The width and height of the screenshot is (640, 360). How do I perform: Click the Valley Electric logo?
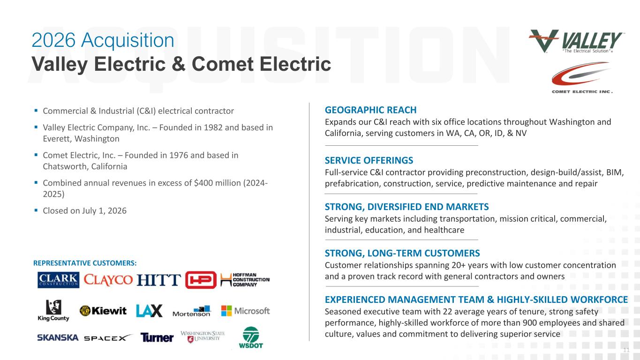pyautogui.click(x=576, y=41)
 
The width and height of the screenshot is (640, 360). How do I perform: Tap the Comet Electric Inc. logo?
pyautogui.click(x=582, y=78)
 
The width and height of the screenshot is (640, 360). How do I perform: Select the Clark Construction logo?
pyautogui.click(x=58, y=280)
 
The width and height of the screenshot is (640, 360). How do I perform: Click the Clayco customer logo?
pyautogui.click(x=108, y=280)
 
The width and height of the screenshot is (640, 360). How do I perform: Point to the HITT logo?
pyautogui.click(x=158, y=280)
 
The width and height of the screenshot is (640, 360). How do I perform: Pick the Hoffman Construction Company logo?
pyautogui.click(x=245, y=280)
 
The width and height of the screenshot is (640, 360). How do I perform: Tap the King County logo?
pyautogui.click(x=53, y=311)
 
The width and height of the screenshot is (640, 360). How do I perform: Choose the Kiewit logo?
pyautogui.click(x=103, y=311)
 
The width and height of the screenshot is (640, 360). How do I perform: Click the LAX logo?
pyautogui.click(x=149, y=311)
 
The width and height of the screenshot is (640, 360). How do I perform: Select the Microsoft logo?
pyautogui.click(x=245, y=311)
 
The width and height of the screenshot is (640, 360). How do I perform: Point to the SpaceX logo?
pyautogui.click(x=108, y=337)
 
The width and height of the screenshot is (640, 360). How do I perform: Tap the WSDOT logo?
pyautogui.click(x=251, y=337)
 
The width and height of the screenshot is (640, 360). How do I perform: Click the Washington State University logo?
pyautogui.click(x=203, y=337)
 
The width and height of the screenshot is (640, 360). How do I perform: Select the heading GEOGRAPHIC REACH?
pyautogui.click(x=370, y=110)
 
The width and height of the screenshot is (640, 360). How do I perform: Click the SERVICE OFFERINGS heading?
pyautogui.click(x=369, y=160)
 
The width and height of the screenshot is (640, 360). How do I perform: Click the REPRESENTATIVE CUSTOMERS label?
pyautogui.click(x=85, y=263)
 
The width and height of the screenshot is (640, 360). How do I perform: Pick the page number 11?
pyautogui.click(x=626, y=350)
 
